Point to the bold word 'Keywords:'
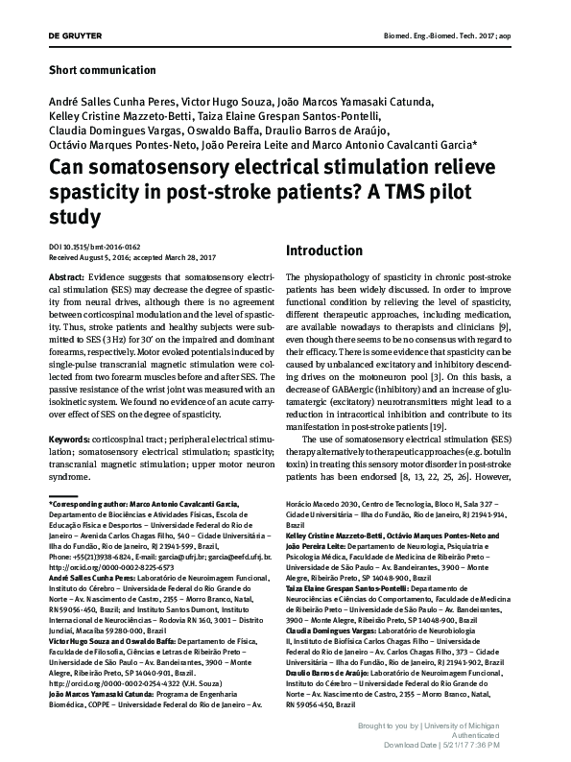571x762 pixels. (75, 439)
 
